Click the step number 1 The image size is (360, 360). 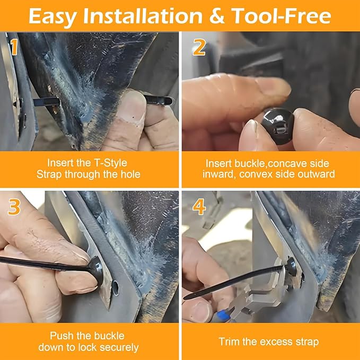tap(14, 47)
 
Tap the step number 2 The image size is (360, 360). tap(199, 47)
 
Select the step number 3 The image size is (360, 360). tap(14, 207)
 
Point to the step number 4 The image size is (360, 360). tap(199, 207)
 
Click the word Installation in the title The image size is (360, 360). tap(143, 16)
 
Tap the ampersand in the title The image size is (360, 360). tap(217, 16)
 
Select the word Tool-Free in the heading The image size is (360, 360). tap(281, 16)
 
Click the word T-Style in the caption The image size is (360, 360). tap(110, 163)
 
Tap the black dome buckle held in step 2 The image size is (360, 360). tap(278, 126)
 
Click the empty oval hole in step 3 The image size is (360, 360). tap(115, 288)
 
